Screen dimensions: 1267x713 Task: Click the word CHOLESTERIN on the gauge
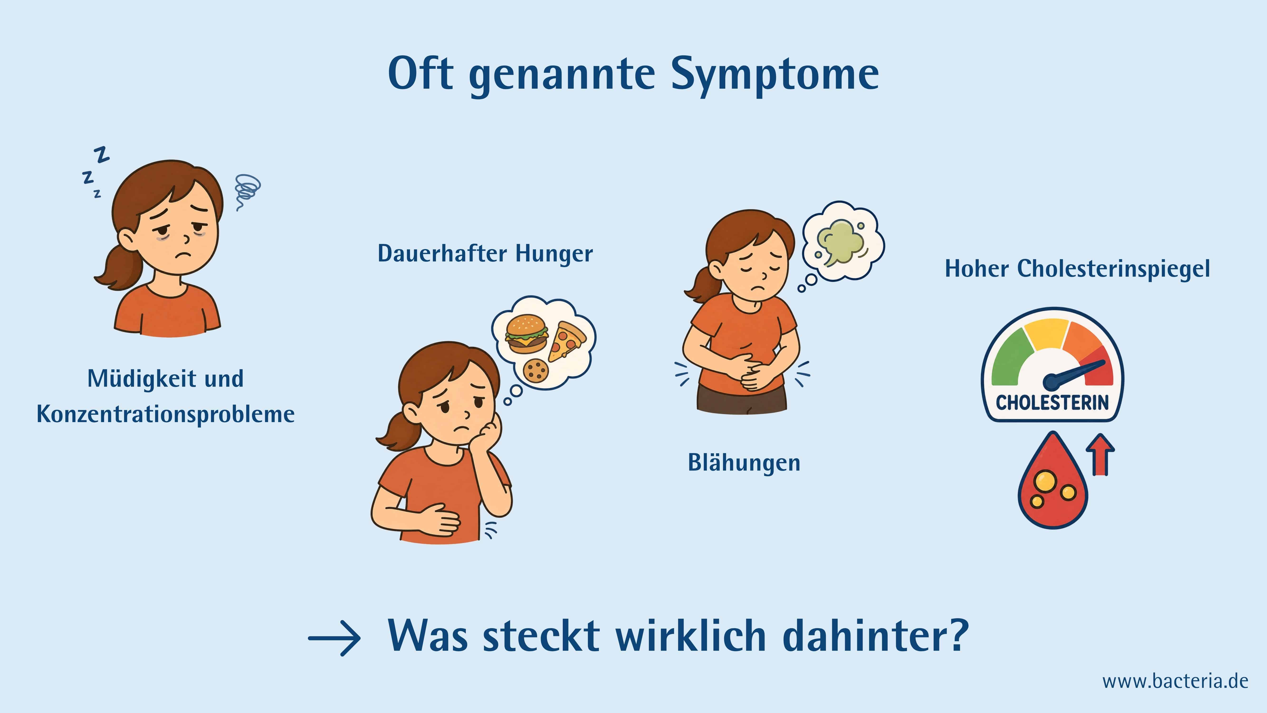(1052, 403)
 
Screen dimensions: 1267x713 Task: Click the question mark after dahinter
(958, 634)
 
